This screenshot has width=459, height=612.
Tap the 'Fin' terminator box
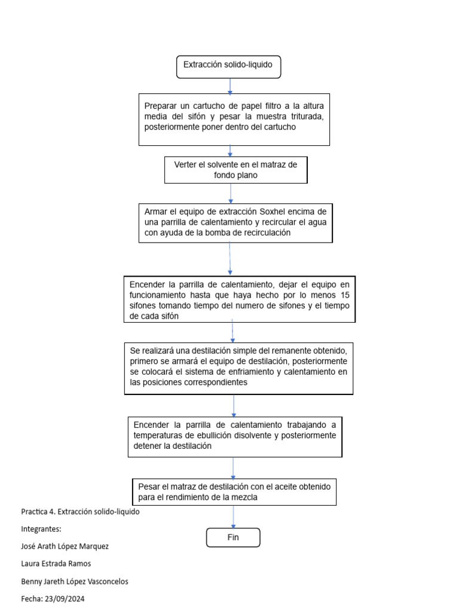[233, 537]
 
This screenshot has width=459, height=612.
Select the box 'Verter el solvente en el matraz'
[235, 170]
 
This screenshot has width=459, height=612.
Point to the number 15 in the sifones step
[344, 295]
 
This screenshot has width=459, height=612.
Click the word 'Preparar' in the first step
[161, 105]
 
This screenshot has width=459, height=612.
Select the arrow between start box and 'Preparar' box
[229, 85]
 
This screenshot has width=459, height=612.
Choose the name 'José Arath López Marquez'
[65, 546]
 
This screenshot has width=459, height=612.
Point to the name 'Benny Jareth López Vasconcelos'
[74, 581]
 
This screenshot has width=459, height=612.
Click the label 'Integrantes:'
[41, 529]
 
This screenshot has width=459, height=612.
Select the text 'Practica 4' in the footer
[38, 512]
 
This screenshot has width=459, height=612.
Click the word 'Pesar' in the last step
[149, 486]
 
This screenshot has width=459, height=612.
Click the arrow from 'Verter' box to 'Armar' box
[231, 193]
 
